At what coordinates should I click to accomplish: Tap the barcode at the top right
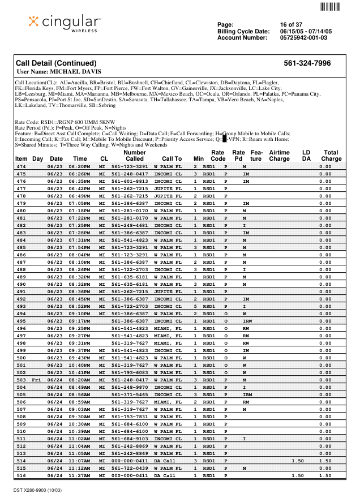(x=330, y=7)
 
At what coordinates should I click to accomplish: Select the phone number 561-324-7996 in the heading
(x=307, y=63)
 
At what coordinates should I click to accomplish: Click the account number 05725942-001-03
(x=303, y=37)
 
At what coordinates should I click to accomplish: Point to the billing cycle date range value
(x=303, y=31)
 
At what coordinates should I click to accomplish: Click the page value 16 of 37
(x=291, y=25)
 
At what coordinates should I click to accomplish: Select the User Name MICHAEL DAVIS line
(x=59, y=72)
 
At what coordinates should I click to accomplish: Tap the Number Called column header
(x=134, y=156)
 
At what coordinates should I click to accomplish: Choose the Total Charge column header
(x=331, y=156)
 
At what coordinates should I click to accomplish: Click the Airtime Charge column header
(x=279, y=156)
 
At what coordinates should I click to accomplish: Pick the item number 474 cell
(x=21, y=167)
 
